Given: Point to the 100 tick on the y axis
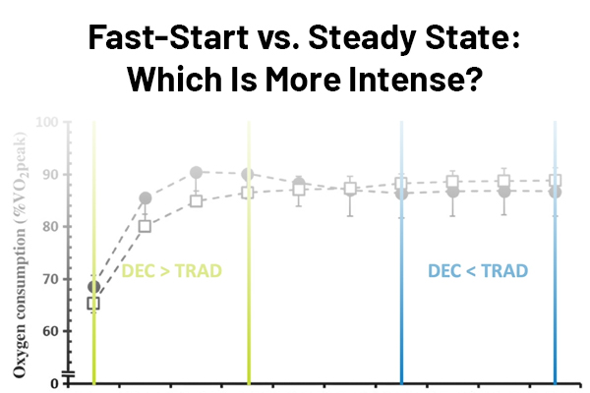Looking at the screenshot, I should [47, 123].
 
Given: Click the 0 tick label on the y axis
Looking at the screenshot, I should [54, 382].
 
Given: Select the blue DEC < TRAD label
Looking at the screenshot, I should [478, 270].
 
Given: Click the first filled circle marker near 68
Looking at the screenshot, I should [93, 287].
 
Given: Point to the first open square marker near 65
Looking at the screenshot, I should [93, 304].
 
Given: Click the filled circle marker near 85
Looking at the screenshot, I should [146, 198].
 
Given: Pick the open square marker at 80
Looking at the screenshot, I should [146, 227].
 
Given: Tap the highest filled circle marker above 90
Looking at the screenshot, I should [197, 173].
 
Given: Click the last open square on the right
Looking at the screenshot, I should [556, 181].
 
